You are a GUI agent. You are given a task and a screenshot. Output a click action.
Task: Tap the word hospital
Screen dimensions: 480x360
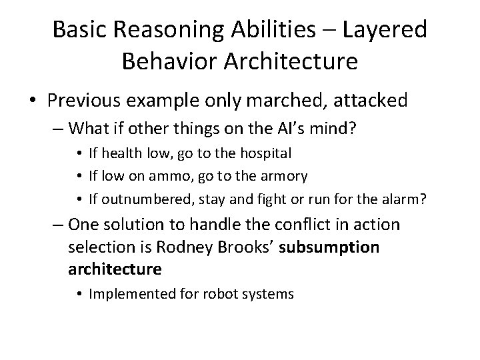click(x=259, y=153)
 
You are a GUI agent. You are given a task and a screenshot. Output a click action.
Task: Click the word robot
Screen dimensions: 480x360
click(x=231, y=293)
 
